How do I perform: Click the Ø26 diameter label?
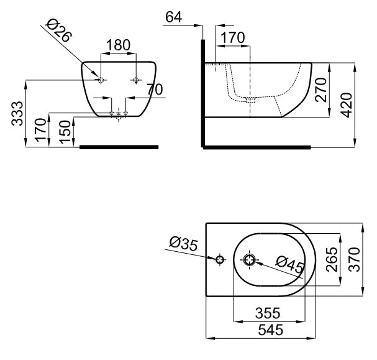(x=60, y=30)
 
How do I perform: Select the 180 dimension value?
(x=118, y=45)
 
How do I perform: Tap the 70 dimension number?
(x=155, y=89)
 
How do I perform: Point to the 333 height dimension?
(x=19, y=113)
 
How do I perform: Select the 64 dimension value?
(x=173, y=17)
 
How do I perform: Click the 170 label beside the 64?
(x=232, y=38)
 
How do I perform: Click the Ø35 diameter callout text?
(x=184, y=245)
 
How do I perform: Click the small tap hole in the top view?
(x=219, y=259)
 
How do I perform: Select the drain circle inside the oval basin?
(x=249, y=259)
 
